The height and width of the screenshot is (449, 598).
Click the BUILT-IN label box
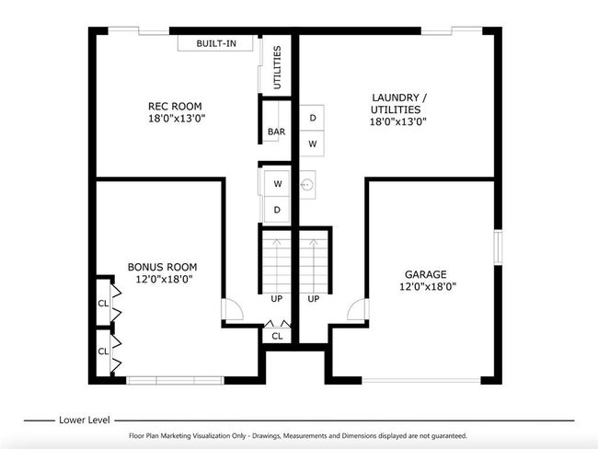216,43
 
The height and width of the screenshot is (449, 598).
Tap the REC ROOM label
175,106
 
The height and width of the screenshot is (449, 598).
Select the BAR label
277,132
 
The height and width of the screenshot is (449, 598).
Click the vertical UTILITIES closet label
277,67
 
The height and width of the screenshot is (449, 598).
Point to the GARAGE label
426,274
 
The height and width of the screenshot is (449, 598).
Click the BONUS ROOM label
163,267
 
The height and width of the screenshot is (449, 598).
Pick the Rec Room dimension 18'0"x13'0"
177,119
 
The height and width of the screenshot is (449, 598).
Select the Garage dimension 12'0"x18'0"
428,286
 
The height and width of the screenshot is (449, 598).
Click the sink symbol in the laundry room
307,185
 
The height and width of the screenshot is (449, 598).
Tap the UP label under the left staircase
277,299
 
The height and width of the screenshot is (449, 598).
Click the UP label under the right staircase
314,299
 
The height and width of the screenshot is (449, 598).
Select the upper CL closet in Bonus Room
103,304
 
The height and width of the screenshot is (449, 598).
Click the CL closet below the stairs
277,336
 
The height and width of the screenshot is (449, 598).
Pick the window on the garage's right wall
498,247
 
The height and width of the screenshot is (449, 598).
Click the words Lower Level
85,420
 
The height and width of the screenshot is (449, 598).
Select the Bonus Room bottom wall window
175,380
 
